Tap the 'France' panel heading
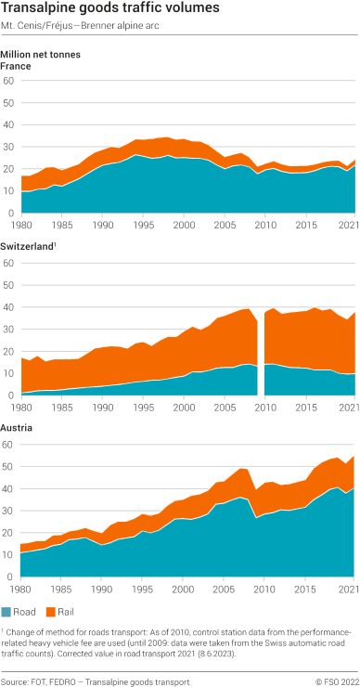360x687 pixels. click(x=16, y=67)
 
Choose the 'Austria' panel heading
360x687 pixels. click(x=17, y=428)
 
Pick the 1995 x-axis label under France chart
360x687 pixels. click(x=144, y=225)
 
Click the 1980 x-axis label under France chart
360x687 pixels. click(x=21, y=225)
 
